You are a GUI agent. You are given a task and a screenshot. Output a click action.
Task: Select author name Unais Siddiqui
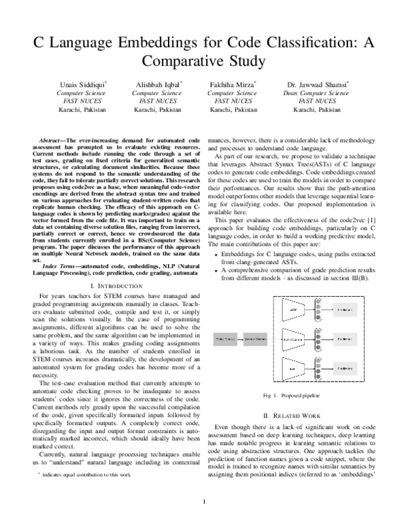[74, 84]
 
